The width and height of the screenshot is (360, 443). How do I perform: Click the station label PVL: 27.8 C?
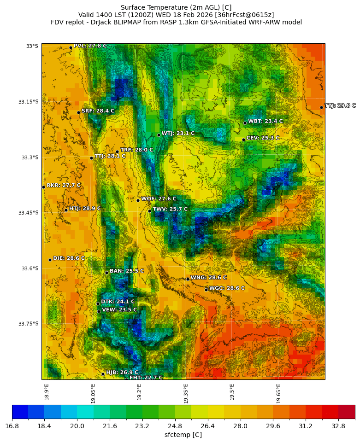pos(90,46)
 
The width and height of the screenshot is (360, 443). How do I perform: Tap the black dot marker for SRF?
pos(78,112)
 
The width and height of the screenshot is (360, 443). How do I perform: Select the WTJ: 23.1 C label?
pos(178,134)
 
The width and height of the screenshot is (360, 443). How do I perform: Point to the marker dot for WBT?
pos(245,123)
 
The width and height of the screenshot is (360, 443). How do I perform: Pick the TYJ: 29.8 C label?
pos(340,106)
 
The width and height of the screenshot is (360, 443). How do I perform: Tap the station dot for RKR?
pos(43,187)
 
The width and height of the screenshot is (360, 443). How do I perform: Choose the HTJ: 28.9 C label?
pos(85,209)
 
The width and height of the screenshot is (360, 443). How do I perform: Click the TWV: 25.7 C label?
pos(170,209)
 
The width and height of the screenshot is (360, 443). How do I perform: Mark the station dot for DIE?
pos(50,260)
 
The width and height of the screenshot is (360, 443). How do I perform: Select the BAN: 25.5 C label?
pos(127,271)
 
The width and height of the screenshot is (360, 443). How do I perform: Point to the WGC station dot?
pos(206,290)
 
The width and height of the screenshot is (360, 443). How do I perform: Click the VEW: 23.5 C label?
pos(119,310)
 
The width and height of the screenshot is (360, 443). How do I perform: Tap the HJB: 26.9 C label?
pos(122,373)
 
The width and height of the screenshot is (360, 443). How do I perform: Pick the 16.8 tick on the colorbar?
pos(12,426)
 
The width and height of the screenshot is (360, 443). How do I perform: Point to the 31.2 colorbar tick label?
pos(306,426)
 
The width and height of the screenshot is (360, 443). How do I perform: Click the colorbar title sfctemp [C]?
pos(183,435)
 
